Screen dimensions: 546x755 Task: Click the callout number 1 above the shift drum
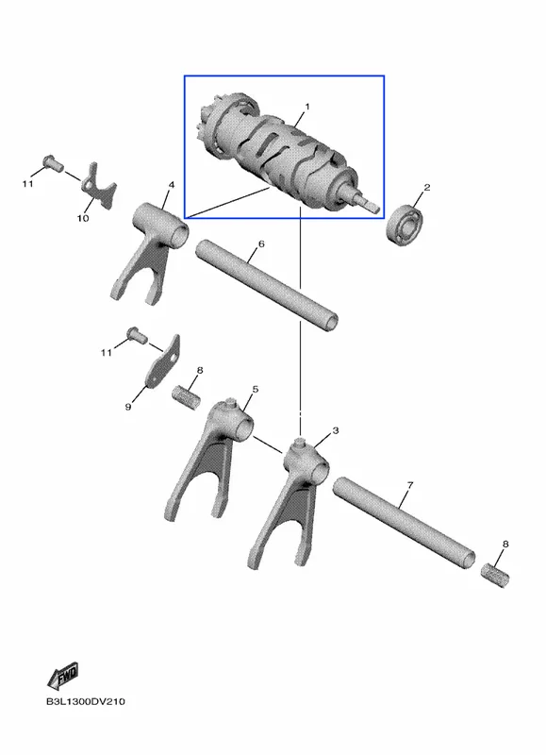307,106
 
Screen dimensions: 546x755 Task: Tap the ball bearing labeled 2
405,226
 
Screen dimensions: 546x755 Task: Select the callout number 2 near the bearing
426,187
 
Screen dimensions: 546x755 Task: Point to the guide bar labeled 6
267,285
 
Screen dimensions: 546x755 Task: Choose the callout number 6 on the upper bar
261,244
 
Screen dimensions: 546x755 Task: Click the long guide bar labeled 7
405,523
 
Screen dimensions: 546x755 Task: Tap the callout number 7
409,485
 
